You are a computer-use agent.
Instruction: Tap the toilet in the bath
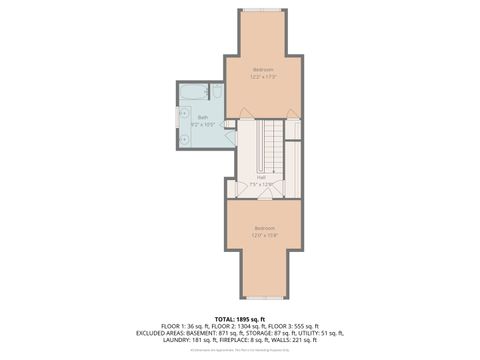pyautogui.click(x=216, y=92)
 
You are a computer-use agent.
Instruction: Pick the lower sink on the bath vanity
pyautogui.click(x=183, y=139)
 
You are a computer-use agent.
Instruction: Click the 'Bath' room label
pyautogui.click(x=203, y=117)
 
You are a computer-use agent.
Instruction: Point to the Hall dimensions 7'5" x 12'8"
pyautogui.click(x=261, y=184)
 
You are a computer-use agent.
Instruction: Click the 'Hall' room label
pyautogui.click(x=261, y=177)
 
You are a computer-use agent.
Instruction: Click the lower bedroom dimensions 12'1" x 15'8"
pyautogui.click(x=263, y=235)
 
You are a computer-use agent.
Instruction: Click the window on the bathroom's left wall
pyautogui.click(x=177, y=126)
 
